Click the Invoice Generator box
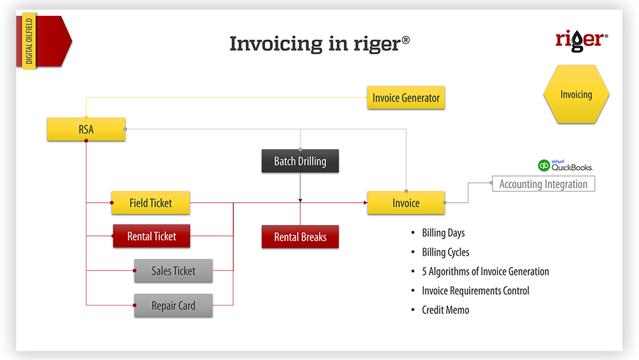click(406, 98)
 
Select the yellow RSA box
click(86, 130)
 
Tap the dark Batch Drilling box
click(300, 161)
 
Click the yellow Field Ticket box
click(151, 203)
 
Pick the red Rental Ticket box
click(151, 237)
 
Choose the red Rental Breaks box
click(300, 237)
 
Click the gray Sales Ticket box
click(173, 271)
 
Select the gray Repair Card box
click(173, 306)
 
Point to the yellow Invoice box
click(406, 203)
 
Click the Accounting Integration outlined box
click(543, 184)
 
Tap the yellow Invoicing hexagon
click(576, 95)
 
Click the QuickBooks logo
click(565, 166)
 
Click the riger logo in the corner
click(578, 40)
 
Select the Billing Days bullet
click(443, 233)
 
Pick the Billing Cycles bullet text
click(445, 252)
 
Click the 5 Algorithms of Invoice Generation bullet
click(485, 271)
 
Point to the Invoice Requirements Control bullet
click(475, 290)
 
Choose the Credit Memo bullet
click(445, 309)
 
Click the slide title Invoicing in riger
click(319, 43)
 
